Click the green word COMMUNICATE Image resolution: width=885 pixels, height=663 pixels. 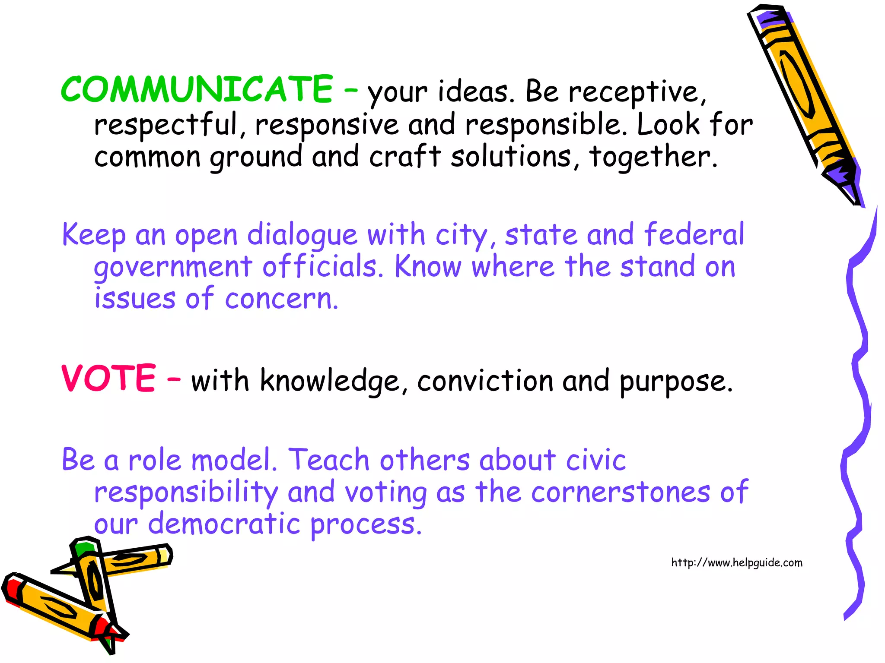click(x=197, y=89)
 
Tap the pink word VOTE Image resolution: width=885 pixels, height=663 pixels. click(x=108, y=379)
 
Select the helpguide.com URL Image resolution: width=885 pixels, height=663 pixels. click(x=736, y=563)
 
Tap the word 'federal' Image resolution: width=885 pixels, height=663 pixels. click(x=694, y=234)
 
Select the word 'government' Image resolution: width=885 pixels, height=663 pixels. click(x=173, y=268)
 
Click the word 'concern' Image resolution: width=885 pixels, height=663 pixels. click(x=281, y=299)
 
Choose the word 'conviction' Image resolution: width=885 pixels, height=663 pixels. click(x=485, y=382)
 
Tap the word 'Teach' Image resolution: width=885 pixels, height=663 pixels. click(x=329, y=460)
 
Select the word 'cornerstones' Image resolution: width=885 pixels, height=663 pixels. click(x=621, y=492)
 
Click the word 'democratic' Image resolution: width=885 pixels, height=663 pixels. click(x=224, y=524)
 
